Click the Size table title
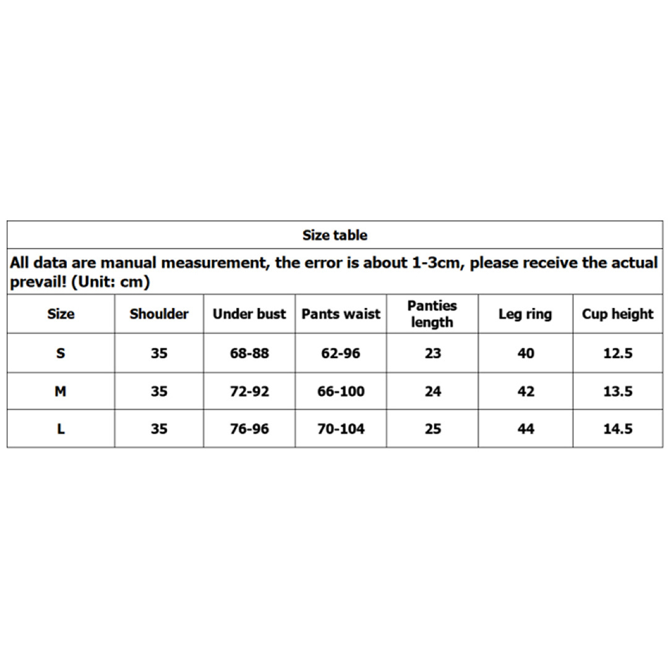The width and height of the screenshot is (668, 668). (335, 235)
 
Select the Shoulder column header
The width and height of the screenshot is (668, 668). (159, 314)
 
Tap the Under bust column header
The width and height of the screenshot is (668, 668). (249, 314)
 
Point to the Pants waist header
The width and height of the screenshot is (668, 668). (341, 314)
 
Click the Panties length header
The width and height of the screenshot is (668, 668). (432, 314)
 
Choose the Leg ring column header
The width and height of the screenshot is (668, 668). (525, 314)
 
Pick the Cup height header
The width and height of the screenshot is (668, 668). (617, 314)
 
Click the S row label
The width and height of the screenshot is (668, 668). (61, 353)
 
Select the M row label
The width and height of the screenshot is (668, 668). (61, 391)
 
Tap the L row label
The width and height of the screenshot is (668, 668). (61, 429)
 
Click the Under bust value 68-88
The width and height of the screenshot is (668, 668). (249, 353)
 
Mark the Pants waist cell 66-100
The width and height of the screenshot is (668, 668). (341, 391)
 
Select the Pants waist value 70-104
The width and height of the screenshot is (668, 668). (341, 429)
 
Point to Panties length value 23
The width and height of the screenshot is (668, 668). (433, 353)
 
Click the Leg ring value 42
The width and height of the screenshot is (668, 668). (525, 391)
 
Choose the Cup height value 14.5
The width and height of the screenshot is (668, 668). (618, 429)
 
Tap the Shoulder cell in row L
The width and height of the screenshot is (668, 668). (159, 429)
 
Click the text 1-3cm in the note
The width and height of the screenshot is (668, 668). (436, 262)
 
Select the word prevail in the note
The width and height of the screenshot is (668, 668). (35, 283)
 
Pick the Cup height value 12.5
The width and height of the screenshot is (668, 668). (618, 353)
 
